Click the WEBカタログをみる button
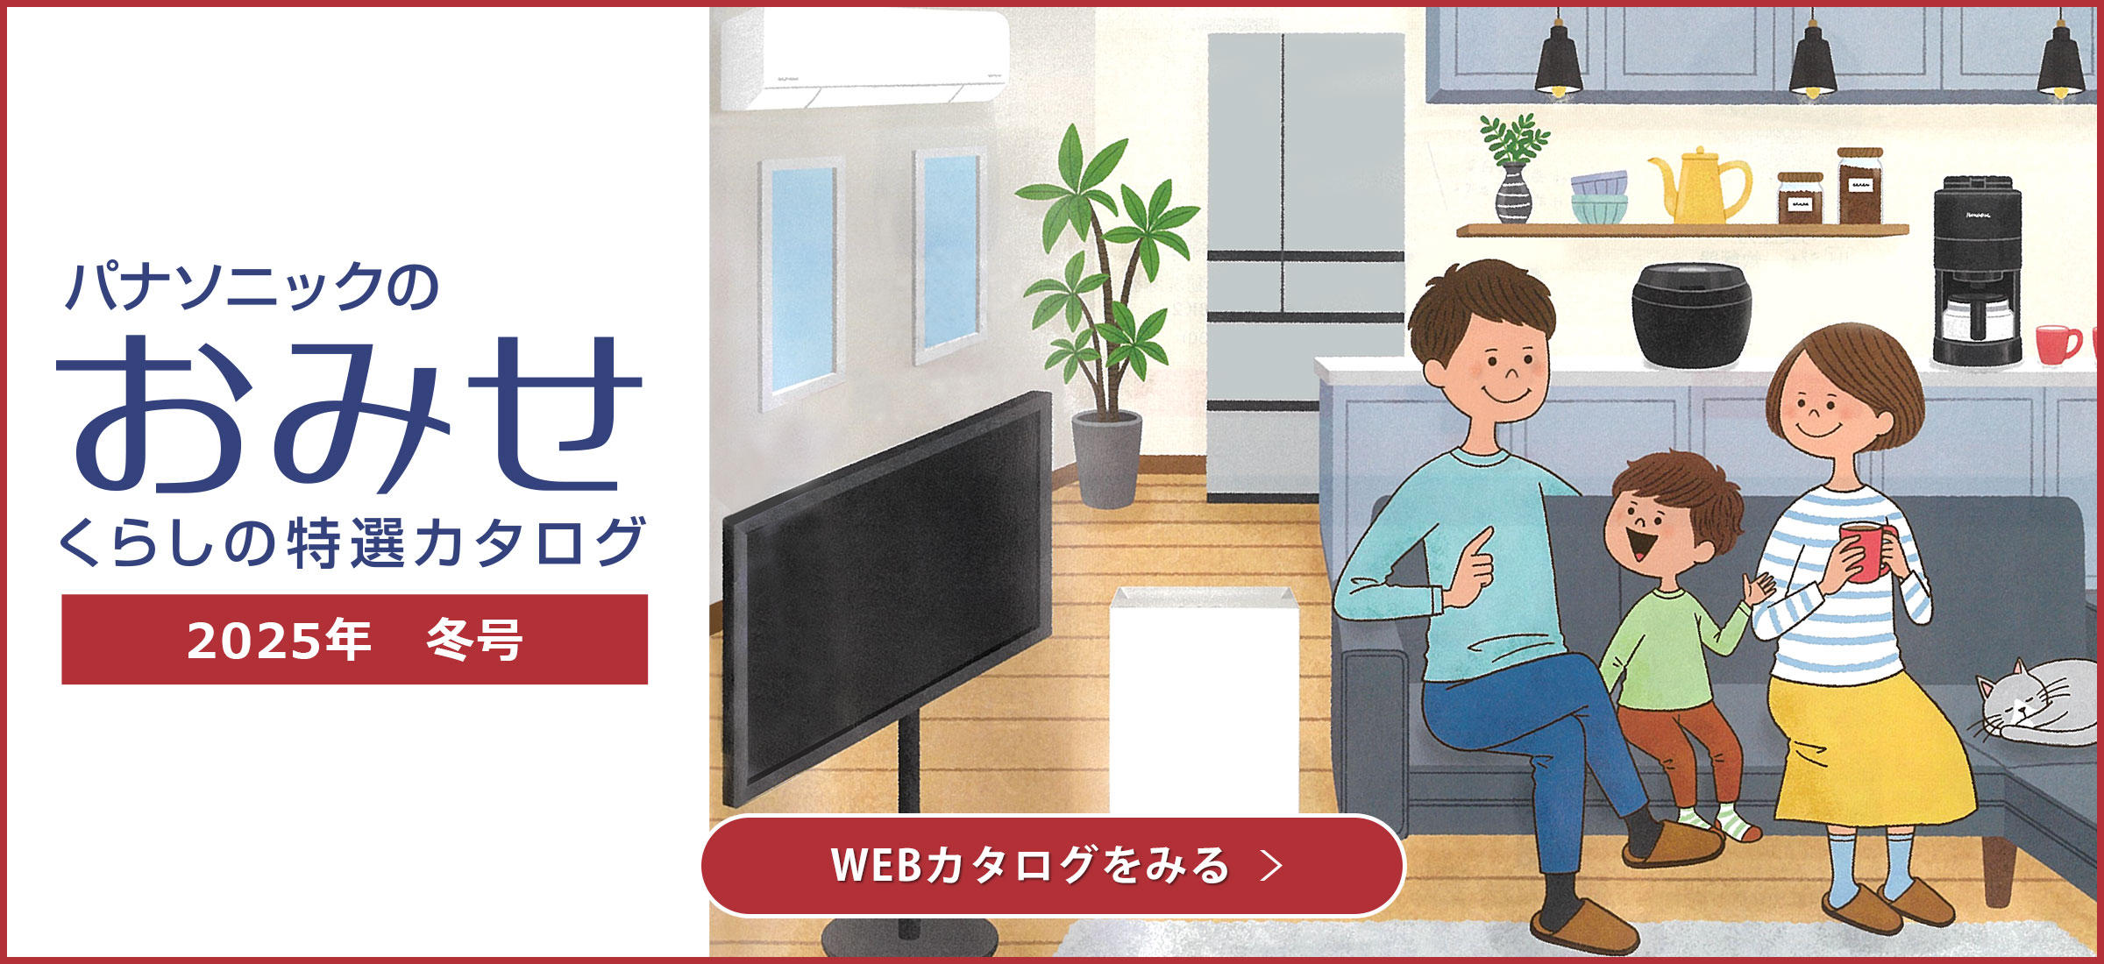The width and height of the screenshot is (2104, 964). [1053, 865]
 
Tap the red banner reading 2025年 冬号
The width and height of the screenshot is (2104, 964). [354, 639]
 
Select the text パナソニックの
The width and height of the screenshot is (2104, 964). [252, 286]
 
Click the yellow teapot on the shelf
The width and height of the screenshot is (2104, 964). [1697, 186]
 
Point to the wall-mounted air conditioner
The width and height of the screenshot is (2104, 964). [864, 60]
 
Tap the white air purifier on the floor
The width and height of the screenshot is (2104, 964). [1204, 701]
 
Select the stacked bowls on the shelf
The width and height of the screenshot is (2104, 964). [1599, 197]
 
